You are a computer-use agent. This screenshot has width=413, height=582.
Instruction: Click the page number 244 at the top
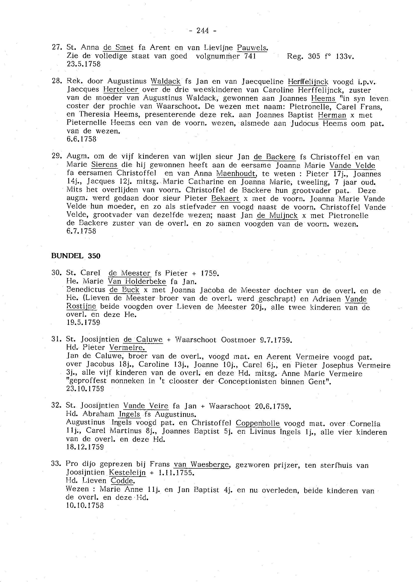pos(203,31)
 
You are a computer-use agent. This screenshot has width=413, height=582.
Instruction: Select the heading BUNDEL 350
pos(76,256)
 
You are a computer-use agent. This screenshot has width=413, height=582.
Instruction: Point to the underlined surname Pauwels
pos(252,48)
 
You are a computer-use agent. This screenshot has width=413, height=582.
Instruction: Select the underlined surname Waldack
pos(166,81)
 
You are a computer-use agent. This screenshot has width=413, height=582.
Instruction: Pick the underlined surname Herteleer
pos(121,90)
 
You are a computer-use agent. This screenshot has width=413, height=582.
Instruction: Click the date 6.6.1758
pos(81,139)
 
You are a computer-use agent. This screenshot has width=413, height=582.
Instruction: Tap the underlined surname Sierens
pos(104,165)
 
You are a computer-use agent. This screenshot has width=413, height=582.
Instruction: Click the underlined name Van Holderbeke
pos(137,282)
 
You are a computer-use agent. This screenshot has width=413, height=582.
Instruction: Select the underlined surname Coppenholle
pos(258,423)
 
